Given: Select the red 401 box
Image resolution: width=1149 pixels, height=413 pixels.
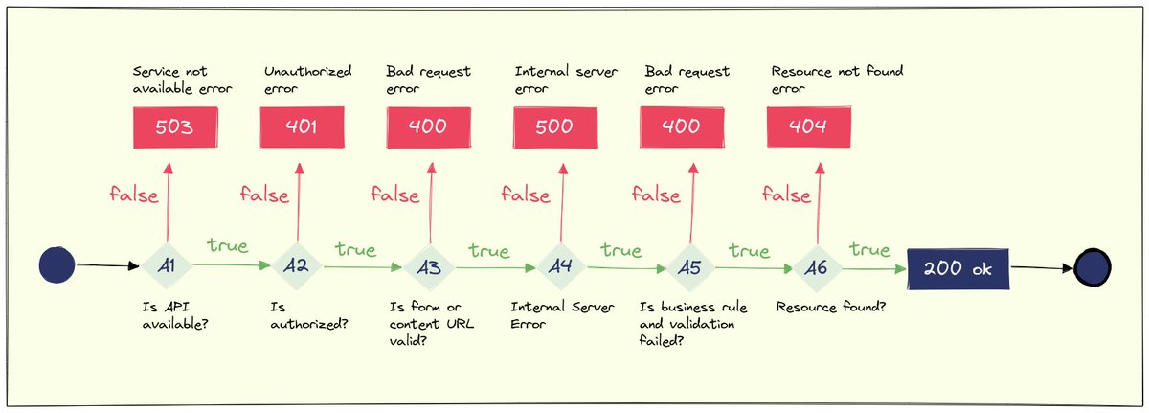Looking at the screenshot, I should tap(303, 126).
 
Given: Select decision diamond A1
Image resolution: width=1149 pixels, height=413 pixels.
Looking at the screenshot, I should tap(167, 266).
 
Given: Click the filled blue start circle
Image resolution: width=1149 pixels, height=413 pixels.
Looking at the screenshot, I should tap(57, 265).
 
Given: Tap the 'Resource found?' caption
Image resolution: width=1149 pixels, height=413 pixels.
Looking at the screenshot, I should tap(828, 308).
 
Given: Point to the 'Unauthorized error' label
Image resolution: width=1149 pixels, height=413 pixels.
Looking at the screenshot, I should tap(307, 80).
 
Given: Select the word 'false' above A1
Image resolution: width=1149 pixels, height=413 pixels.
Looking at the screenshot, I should tap(135, 195).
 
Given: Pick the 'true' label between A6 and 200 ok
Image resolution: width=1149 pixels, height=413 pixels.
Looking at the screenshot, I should tap(869, 250).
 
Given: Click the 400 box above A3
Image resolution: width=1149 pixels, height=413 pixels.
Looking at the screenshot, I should tap(428, 126).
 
